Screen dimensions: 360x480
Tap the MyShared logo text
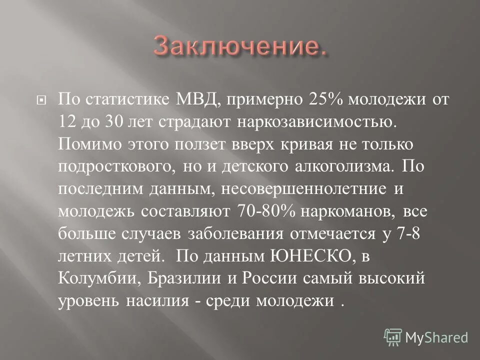[436, 337]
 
